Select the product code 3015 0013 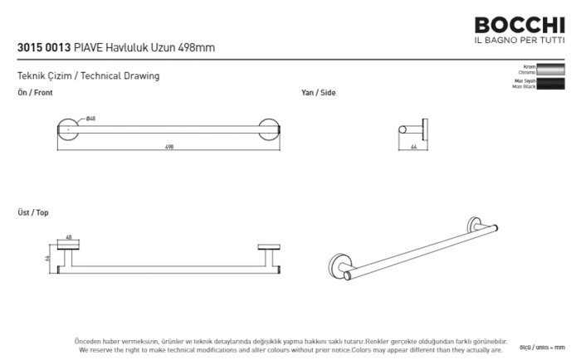pyautogui.click(x=43, y=48)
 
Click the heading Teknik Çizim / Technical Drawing pyautogui.click(x=88, y=76)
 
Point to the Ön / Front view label pyautogui.click(x=35, y=93)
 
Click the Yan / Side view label pyautogui.click(x=318, y=93)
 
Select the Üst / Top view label pyautogui.click(x=33, y=213)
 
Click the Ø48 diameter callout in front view pyautogui.click(x=90, y=119)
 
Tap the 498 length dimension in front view pyautogui.click(x=169, y=146)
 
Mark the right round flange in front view pyautogui.click(x=270, y=129)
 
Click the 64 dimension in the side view pyautogui.click(x=413, y=147)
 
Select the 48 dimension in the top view pyautogui.click(x=69, y=237)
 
